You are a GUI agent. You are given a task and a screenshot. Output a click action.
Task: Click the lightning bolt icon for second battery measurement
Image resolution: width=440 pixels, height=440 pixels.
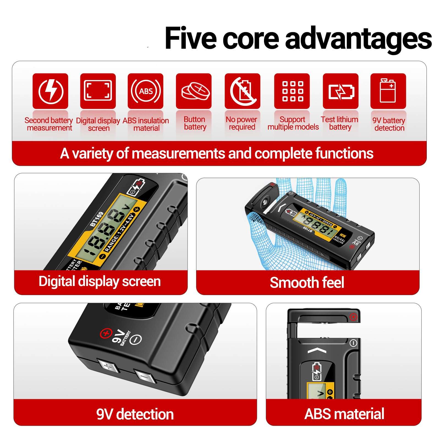click(x=50, y=91)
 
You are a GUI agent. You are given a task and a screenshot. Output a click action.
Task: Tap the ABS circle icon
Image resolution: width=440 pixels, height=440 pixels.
click(x=145, y=91)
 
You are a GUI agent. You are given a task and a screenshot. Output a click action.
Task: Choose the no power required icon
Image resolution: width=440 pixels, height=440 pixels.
click(x=242, y=91)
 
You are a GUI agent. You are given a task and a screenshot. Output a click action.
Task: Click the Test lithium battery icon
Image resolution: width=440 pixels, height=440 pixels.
click(x=340, y=91)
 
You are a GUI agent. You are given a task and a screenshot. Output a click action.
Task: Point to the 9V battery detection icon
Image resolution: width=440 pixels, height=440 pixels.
click(x=388, y=91)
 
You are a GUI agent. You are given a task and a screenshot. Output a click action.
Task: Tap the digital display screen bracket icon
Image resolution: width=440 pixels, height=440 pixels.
click(x=98, y=91)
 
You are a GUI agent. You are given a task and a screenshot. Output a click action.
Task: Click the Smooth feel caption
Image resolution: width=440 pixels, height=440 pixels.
click(x=307, y=283)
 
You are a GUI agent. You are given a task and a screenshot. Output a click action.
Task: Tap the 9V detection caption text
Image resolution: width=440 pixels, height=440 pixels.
click(x=135, y=414)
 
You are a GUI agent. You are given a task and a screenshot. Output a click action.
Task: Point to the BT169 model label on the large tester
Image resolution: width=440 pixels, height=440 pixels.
click(x=97, y=219)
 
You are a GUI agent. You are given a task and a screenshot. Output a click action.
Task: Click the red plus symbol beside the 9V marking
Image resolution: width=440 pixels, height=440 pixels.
click(x=106, y=334)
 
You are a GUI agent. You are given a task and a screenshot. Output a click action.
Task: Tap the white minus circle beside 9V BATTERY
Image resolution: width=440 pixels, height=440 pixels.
click(x=136, y=339)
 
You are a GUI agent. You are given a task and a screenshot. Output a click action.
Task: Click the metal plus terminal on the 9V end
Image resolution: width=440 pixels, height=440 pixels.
click(x=108, y=367)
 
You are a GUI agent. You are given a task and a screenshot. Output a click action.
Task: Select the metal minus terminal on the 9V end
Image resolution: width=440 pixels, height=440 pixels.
click(x=145, y=376)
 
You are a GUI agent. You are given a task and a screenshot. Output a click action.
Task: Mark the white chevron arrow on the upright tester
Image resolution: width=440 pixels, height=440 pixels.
click(x=317, y=350)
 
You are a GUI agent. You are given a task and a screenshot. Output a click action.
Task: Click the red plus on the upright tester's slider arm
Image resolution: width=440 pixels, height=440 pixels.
click(x=353, y=317)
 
